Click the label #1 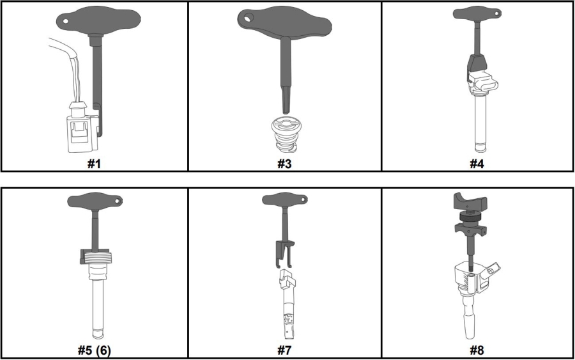94,164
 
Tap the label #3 284,164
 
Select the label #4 477,164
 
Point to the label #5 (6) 95,350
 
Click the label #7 284,350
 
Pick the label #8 477,350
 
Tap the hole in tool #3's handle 250,17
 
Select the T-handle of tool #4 477,14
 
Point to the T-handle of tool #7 284,200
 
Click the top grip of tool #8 470,201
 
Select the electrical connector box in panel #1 82,133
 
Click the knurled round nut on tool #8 470,217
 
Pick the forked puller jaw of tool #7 284,254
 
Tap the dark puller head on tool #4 477,63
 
